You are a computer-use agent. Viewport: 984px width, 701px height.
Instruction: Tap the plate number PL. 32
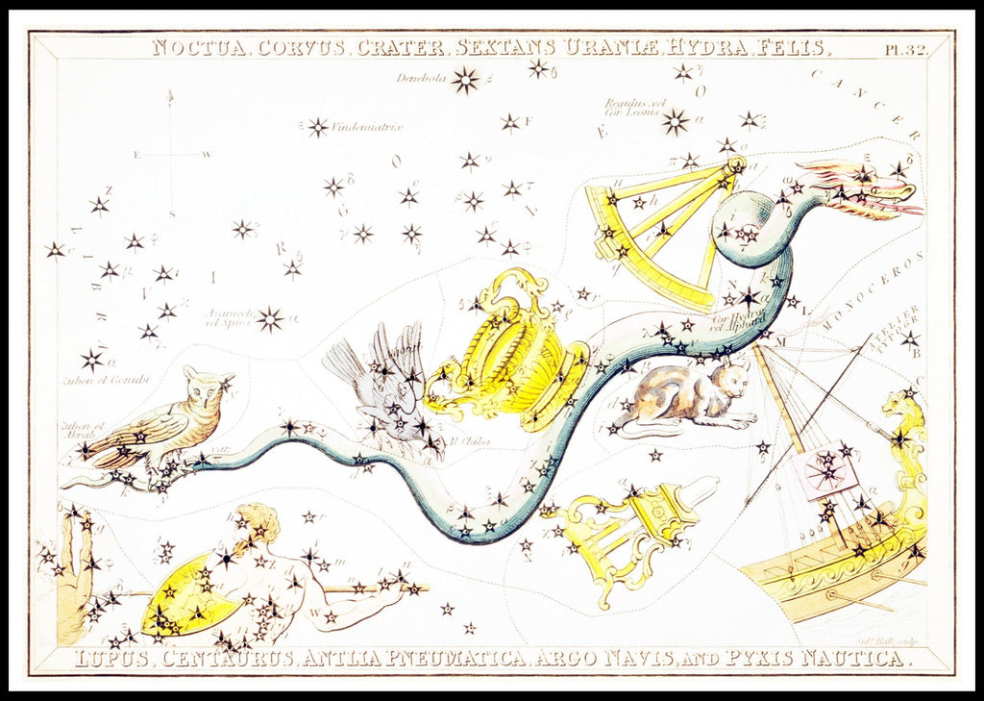tap(905, 50)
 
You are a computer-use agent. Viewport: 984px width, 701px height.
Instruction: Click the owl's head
tap(208, 385)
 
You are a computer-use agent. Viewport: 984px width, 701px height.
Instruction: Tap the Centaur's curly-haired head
tap(258, 523)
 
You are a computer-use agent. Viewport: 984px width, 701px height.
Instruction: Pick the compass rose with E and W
tap(172, 154)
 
